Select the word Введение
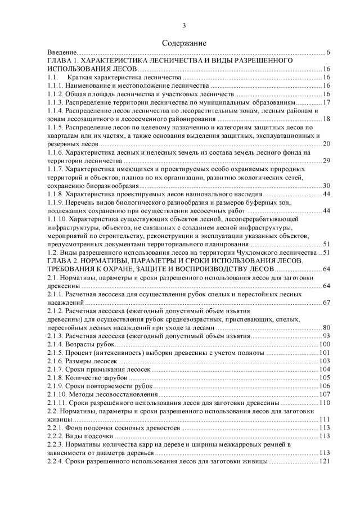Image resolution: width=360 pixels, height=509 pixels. click(x=61, y=52)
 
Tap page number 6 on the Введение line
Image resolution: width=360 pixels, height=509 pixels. click(x=327, y=52)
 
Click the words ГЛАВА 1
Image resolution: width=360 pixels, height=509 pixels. click(x=65, y=60)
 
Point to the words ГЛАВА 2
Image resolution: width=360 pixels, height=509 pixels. click(x=65, y=261)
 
